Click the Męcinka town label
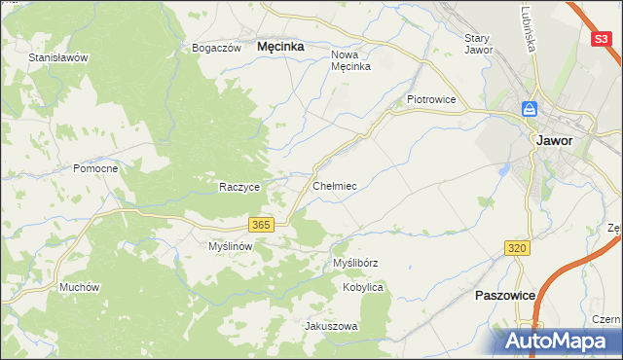[280, 46]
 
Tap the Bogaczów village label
[216, 48]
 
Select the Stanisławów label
[58, 57]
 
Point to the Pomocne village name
[95, 168]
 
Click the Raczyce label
[238, 187]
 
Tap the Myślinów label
[231, 247]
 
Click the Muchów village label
[80, 287]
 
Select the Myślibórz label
[355, 264]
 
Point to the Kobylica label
[363, 288]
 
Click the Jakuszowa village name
[332, 327]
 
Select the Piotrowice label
[431, 99]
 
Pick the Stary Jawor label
[478, 44]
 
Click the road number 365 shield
[260, 225]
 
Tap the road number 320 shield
[517, 249]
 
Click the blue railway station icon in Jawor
[530, 109]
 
